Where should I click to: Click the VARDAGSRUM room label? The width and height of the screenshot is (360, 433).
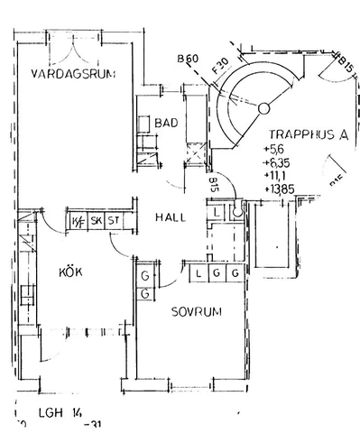(x=72, y=74)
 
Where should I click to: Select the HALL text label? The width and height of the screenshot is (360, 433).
(x=171, y=218)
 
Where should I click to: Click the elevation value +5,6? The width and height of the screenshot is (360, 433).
(x=274, y=149)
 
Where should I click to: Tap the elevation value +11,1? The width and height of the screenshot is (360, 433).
(x=276, y=176)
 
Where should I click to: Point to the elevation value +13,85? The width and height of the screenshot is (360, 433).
(x=280, y=189)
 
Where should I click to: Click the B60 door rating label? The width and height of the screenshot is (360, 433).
(x=188, y=60)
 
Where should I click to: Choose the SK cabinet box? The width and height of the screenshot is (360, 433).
(x=96, y=220)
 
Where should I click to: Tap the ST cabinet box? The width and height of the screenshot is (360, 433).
(x=114, y=220)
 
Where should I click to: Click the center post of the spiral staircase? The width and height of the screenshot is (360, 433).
(x=263, y=108)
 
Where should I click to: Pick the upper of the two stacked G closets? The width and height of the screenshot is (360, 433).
(x=145, y=275)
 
